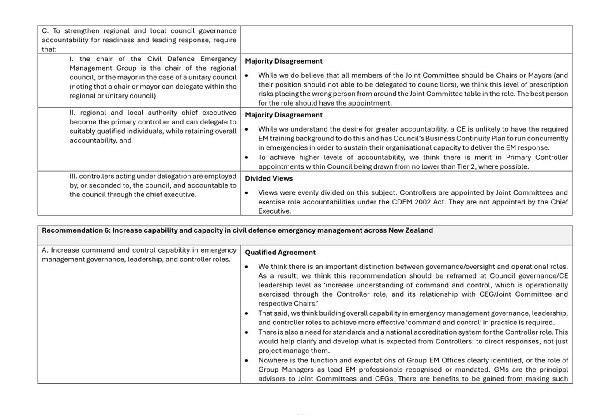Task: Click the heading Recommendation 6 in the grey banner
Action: coord(237,230)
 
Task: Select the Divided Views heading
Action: coord(269,178)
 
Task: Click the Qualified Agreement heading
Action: coord(280,253)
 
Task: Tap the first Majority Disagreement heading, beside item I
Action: coord(284,61)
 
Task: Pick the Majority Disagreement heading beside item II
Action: coord(284,115)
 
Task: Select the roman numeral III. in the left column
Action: coord(73,177)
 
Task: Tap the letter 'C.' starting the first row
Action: coord(45,31)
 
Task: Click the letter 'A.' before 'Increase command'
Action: coord(45,250)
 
